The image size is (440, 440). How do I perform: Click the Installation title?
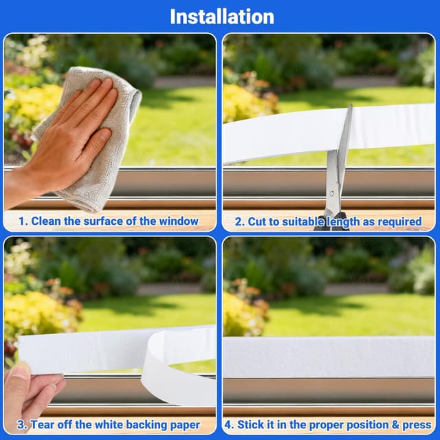[x=222, y=16]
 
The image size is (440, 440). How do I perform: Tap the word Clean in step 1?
[x=46, y=221]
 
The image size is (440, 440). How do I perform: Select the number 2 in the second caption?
[x=239, y=221]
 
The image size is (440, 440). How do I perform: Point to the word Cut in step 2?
[x=256, y=221]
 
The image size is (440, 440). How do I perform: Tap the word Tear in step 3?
[x=41, y=425]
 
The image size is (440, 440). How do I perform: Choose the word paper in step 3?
[x=185, y=426]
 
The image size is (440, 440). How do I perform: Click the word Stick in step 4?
[x=250, y=425]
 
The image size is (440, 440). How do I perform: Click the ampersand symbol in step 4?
[x=395, y=425]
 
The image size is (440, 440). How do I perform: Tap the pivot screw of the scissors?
[x=332, y=193]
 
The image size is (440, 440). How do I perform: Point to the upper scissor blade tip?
[x=351, y=105]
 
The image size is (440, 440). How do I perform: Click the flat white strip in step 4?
[x=329, y=356]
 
